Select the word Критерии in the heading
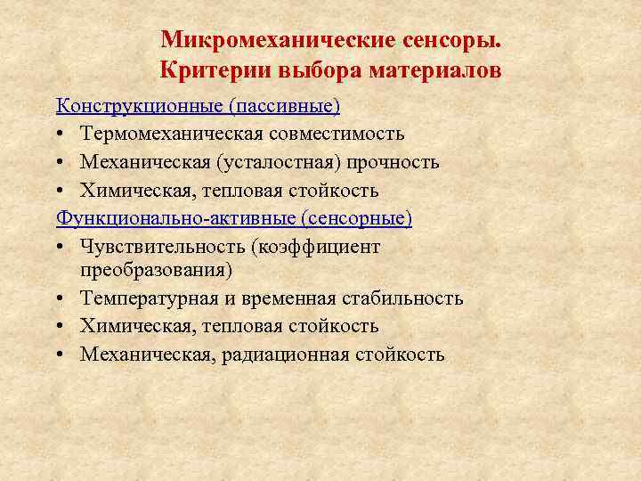click(x=210, y=69)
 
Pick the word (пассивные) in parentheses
click(x=284, y=106)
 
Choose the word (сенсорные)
click(x=356, y=219)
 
